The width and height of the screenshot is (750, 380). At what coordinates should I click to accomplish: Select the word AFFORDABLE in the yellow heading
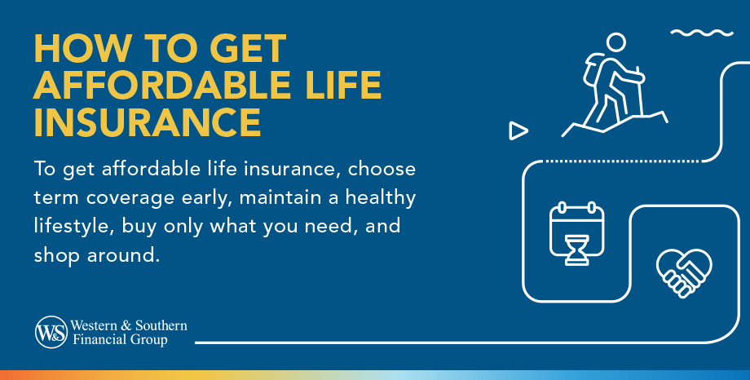coord(161,85)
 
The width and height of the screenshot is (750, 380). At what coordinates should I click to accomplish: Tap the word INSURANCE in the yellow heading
coord(148,122)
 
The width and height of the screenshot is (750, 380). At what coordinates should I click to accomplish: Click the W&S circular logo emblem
coord(51,332)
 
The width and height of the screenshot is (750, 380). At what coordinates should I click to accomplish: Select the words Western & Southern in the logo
coord(129,325)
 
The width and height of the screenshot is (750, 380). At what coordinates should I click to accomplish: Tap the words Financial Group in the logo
coord(120,340)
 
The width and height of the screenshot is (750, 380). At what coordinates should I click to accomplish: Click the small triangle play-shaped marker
coord(518,130)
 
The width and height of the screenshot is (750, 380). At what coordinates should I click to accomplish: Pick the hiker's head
coord(616,42)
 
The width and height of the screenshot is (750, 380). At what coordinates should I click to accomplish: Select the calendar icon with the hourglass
coord(577,233)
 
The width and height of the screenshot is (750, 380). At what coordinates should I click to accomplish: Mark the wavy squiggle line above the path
coord(702,33)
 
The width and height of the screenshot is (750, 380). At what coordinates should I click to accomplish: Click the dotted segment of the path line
coord(623,161)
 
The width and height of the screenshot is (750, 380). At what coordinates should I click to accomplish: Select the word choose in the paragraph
coord(382,170)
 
